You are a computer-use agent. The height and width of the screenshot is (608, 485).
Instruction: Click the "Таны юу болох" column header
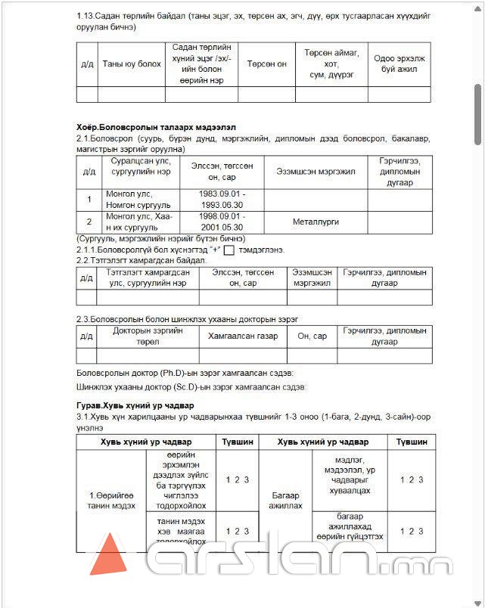[132, 64]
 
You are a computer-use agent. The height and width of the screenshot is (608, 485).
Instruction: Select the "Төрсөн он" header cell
[266, 64]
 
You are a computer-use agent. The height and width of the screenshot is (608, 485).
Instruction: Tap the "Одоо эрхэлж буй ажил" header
[399, 64]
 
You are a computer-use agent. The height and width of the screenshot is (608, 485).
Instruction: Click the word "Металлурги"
[316, 222]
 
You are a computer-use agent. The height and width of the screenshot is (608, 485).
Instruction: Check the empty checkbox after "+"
[229, 250]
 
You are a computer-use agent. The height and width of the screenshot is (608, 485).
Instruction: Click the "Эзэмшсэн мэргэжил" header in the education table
[316, 172]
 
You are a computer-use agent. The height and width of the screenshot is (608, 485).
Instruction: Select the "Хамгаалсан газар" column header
[242, 336]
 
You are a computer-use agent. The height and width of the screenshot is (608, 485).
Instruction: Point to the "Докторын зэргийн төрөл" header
[148, 336]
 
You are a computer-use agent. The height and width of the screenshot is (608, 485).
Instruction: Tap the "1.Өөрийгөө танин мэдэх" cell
[110, 501]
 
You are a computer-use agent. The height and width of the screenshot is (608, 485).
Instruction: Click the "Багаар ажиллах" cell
[286, 501]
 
